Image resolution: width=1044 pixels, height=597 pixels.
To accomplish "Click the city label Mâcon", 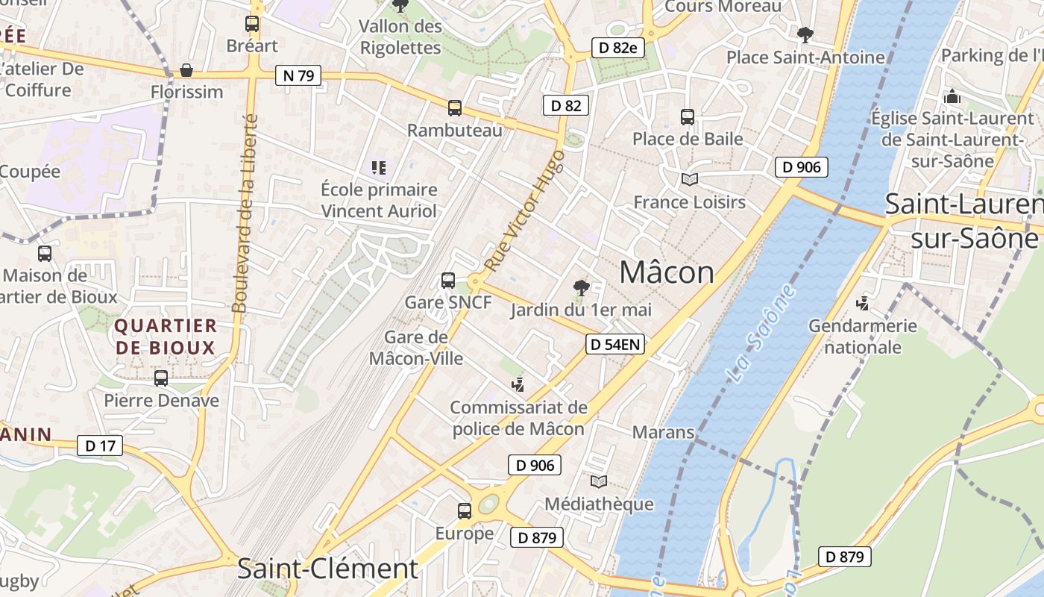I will pyautogui.click(x=667, y=272).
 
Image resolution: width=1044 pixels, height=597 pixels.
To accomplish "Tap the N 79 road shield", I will pyautogui.click(x=298, y=75).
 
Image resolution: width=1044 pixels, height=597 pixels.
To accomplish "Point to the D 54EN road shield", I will pyautogui.click(x=615, y=344).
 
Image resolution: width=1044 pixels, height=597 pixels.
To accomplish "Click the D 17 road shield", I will pyautogui.click(x=100, y=446).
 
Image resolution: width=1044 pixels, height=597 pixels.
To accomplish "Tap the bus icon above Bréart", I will pyautogui.click(x=252, y=24).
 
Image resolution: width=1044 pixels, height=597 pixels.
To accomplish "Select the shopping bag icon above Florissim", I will pyautogui.click(x=186, y=70).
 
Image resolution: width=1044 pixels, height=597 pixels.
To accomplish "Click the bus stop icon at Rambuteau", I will pyautogui.click(x=455, y=108).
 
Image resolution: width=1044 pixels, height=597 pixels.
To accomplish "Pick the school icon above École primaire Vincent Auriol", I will pyautogui.click(x=379, y=168).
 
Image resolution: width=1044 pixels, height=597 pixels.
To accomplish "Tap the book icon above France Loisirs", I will pyautogui.click(x=689, y=179).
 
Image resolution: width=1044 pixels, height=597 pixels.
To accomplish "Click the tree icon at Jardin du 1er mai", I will pyautogui.click(x=581, y=287).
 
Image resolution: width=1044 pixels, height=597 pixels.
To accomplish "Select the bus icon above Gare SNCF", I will pyautogui.click(x=448, y=281).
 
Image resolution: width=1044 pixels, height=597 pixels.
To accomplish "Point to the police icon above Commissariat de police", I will pyautogui.click(x=518, y=385).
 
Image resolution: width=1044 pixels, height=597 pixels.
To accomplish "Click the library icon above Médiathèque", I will pyautogui.click(x=599, y=481).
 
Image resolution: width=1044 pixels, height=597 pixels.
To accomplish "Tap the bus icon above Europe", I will pyautogui.click(x=465, y=511).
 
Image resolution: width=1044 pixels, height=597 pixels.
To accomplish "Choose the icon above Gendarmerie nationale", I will pyautogui.click(x=863, y=303).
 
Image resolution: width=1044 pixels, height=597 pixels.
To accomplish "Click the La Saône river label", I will pyautogui.click(x=760, y=334).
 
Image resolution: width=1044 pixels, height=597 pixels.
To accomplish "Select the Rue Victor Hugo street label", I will pyautogui.click(x=524, y=210).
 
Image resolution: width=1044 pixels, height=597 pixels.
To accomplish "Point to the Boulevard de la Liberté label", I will pyautogui.click(x=245, y=213).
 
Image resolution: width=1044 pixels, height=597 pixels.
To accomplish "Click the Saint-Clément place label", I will pyautogui.click(x=327, y=569).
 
